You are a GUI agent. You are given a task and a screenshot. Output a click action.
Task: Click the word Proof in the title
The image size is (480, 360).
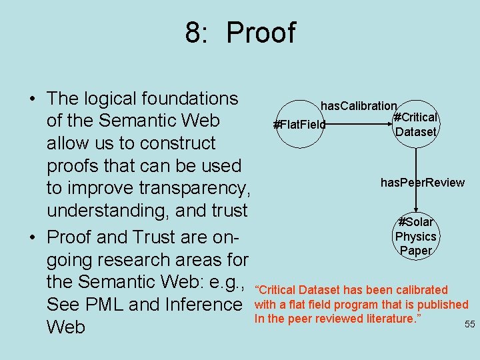(x=261, y=33)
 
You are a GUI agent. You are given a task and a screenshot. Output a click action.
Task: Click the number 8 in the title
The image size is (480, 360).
(x=194, y=33)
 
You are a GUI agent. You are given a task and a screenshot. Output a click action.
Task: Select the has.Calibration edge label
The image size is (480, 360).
(x=359, y=106)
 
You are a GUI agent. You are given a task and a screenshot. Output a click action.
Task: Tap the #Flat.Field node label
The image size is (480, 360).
(x=299, y=124)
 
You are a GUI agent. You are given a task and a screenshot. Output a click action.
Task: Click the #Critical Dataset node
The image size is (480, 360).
(x=415, y=125)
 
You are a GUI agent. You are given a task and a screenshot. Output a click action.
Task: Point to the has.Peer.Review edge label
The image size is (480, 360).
(x=422, y=183)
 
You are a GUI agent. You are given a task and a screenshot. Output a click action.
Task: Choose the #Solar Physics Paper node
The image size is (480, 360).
(x=415, y=236)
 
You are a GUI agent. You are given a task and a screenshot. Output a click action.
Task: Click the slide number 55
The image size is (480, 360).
(x=469, y=324)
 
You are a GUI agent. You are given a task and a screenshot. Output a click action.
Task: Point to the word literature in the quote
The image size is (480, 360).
(x=387, y=318)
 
